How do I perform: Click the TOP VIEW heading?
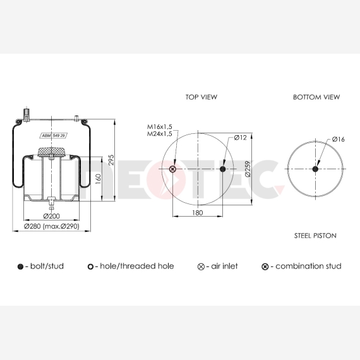point(201,97)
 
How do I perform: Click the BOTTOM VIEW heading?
point(316,97)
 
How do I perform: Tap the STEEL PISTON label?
point(315,236)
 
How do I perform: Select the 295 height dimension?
point(111,160)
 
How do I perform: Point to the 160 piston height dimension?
point(98,179)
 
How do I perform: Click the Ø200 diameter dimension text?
point(51,216)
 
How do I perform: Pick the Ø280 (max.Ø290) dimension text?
point(52,226)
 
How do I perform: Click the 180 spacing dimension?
point(198,213)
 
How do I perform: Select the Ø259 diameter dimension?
point(248,169)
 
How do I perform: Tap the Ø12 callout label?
point(240,138)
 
